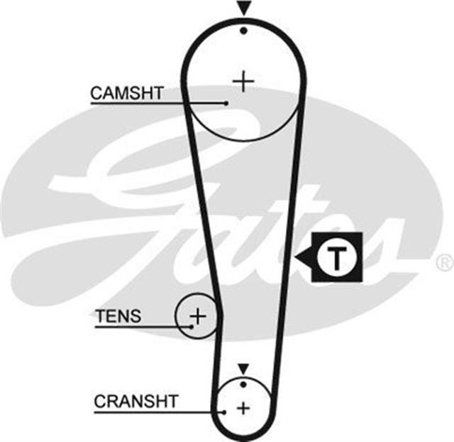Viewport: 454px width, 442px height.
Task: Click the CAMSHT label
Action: (127, 92)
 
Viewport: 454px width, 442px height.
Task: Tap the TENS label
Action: (118, 316)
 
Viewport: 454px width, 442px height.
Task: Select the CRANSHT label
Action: (136, 401)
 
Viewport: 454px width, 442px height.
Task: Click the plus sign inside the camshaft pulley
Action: (243, 82)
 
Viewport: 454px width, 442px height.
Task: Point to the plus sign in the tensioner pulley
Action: (199, 314)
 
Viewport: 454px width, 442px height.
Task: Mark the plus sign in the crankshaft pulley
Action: (243, 408)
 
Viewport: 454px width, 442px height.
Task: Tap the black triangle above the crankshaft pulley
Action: (243, 369)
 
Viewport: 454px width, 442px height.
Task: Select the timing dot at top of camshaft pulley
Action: (243, 31)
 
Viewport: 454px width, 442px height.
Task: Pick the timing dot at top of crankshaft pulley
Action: (243, 384)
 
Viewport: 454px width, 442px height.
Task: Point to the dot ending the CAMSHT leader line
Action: (226, 104)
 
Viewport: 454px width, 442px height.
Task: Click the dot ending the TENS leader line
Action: (192, 327)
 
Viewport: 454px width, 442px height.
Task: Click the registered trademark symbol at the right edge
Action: (444, 264)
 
